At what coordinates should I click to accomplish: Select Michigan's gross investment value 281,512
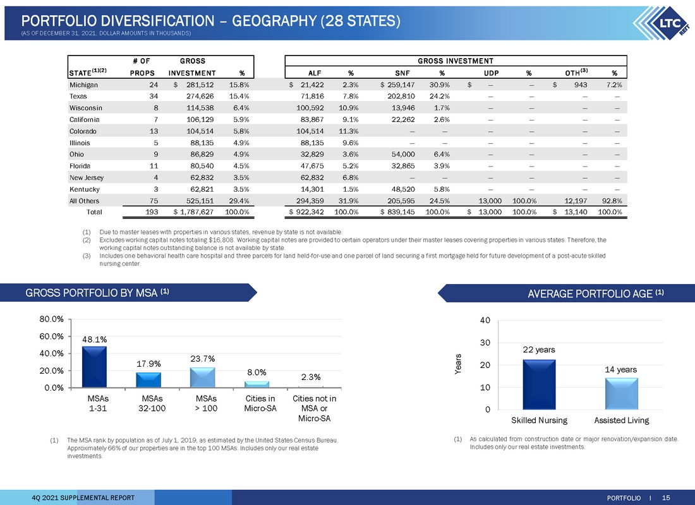click(200, 85)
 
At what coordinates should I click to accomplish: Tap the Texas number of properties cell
click(154, 96)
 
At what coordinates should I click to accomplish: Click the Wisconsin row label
click(85, 108)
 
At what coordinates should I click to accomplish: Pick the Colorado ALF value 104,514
click(310, 131)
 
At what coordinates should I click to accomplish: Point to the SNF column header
click(402, 73)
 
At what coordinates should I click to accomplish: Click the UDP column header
click(491, 73)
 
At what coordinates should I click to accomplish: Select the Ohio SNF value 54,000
click(403, 154)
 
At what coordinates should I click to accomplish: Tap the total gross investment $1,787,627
click(194, 211)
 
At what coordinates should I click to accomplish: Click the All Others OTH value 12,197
click(576, 201)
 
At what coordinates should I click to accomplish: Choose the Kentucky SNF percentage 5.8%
click(442, 189)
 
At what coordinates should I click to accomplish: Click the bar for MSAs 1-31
click(94, 367)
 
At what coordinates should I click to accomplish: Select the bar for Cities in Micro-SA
click(257, 384)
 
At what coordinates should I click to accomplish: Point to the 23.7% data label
click(203, 359)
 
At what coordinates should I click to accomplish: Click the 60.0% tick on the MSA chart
click(51, 336)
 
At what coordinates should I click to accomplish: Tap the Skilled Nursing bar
click(539, 384)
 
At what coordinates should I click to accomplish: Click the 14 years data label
click(620, 369)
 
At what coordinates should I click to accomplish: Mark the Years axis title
click(458, 364)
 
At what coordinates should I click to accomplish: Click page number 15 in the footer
click(666, 498)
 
